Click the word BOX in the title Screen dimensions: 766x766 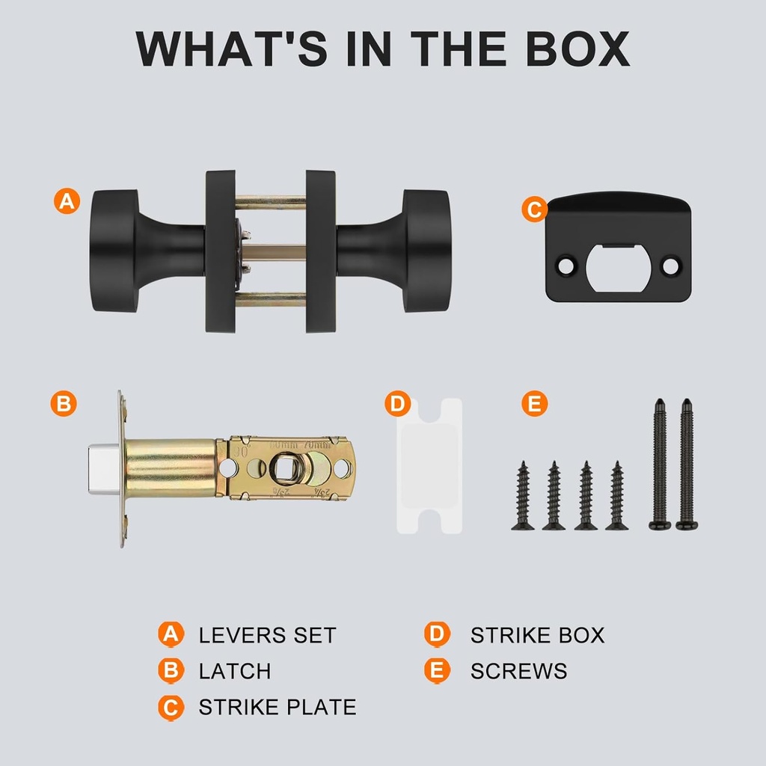pyautogui.click(x=578, y=49)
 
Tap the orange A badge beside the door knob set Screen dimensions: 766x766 pyautogui.click(x=67, y=200)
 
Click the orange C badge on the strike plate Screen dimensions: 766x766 pyautogui.click(x=534, y=209)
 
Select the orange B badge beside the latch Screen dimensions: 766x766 pyautogui.click(x=64, y=403)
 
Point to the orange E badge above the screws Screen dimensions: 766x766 pyautogui.click(x=534, y=403)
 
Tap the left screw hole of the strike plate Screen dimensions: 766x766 pyautogui.click(x=566, y=266)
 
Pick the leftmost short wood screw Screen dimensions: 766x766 pyautogui.click(x=523, y=495)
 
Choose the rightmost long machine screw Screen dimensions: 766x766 pyautogui.click(x=687, y=464)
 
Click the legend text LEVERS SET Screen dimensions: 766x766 pyautogui.click(x=268, y=635)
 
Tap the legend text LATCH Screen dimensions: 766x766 pyautogui.click(x=234, y=671)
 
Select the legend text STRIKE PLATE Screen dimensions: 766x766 pyautogui.click(x=278, y=707)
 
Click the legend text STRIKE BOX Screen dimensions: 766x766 pyautogui.click(x=537, y=635)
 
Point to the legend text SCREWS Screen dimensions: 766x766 pyautogui.click(x=519, y=671)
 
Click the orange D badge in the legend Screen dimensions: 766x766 pyautogui.click(x=437, y=634)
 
